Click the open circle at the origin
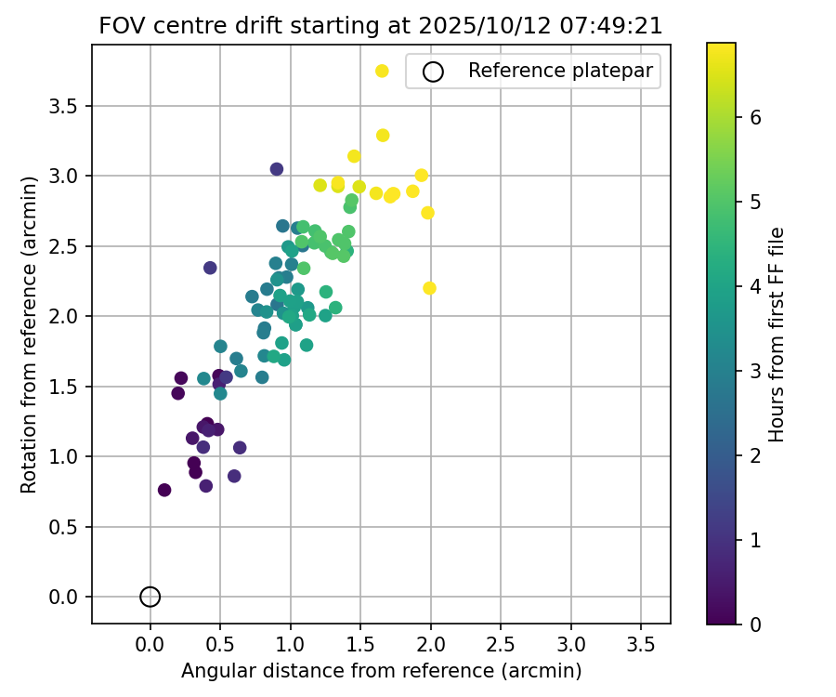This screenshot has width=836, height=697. coord(150,597)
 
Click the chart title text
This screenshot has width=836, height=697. coord(381,26)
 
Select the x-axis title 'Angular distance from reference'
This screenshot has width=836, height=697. coord(381,671)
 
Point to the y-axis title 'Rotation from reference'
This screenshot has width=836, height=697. coord(30,334)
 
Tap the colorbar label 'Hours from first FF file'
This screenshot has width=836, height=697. coord(778,334)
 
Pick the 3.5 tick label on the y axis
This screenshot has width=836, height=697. coord(62,106)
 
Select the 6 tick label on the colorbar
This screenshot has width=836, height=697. coord(755,117)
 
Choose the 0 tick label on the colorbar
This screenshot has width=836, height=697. coord(755,624)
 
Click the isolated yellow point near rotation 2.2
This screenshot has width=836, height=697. coord(429,288)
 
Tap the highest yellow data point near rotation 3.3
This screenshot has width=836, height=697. coord(383,136)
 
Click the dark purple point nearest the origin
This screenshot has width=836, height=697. coord(164,490)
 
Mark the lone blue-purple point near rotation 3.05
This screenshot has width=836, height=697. coord(277,169)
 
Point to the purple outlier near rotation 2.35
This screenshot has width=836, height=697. coord(210,268)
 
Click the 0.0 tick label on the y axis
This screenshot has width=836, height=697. coord(62,597)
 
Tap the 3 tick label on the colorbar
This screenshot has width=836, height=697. coord(755,371)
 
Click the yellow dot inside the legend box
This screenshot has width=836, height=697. coord(382,71)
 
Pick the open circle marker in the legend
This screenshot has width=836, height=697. coord(433,71)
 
